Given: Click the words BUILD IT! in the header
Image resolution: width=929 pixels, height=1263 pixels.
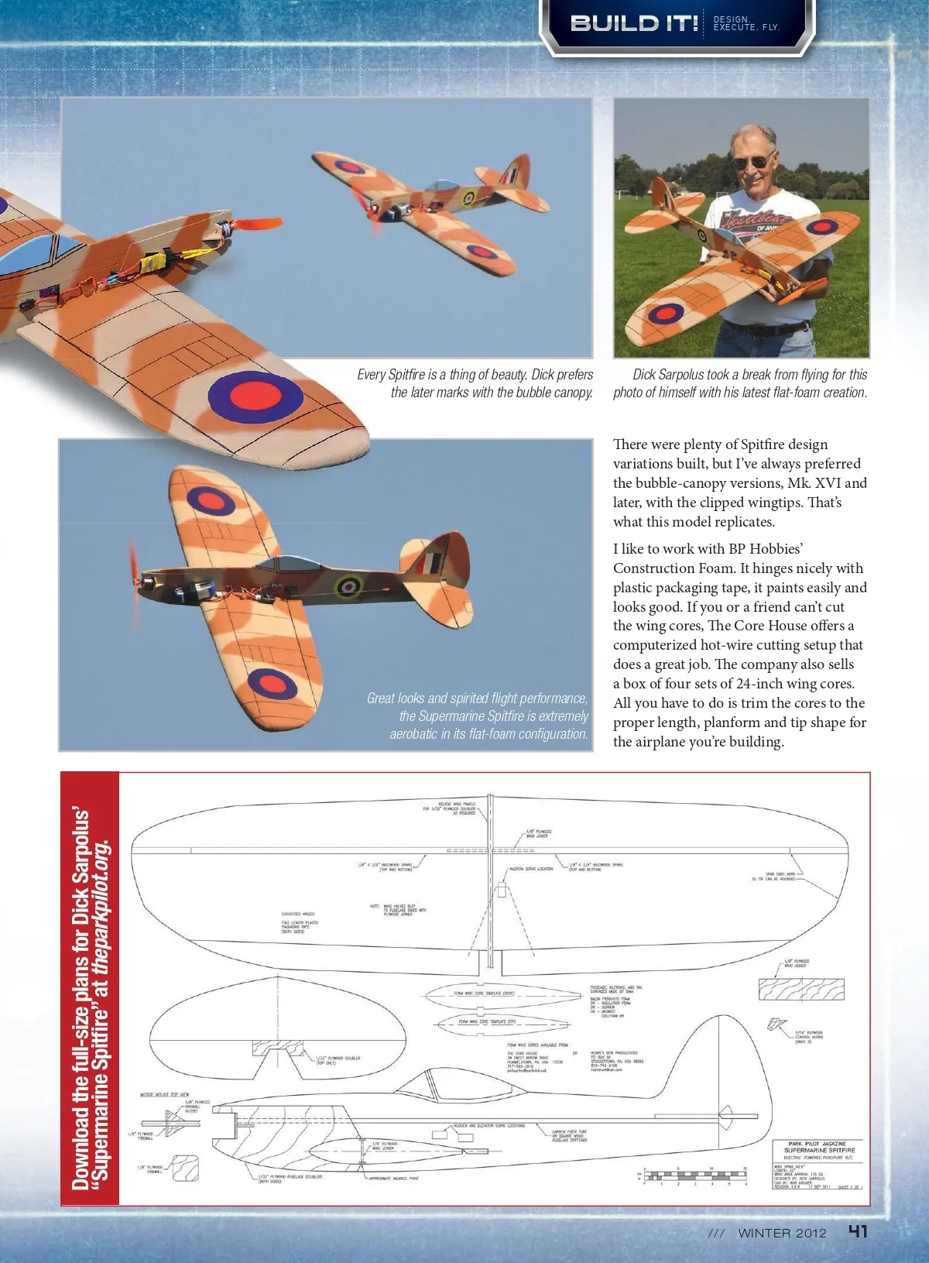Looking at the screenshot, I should (x=634, y=23).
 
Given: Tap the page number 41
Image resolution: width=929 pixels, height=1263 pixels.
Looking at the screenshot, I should (x=858, y=1232).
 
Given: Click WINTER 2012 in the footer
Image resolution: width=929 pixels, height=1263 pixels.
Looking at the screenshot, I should (x=782, y=1234).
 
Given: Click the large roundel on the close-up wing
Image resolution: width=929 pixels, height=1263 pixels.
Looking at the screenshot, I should (x=256, y=395).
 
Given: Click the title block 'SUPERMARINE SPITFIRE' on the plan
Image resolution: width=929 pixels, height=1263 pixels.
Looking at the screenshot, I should (x=819, y=1151).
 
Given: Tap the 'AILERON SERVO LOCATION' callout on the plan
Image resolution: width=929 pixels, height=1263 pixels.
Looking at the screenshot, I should (x=531, y=869).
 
